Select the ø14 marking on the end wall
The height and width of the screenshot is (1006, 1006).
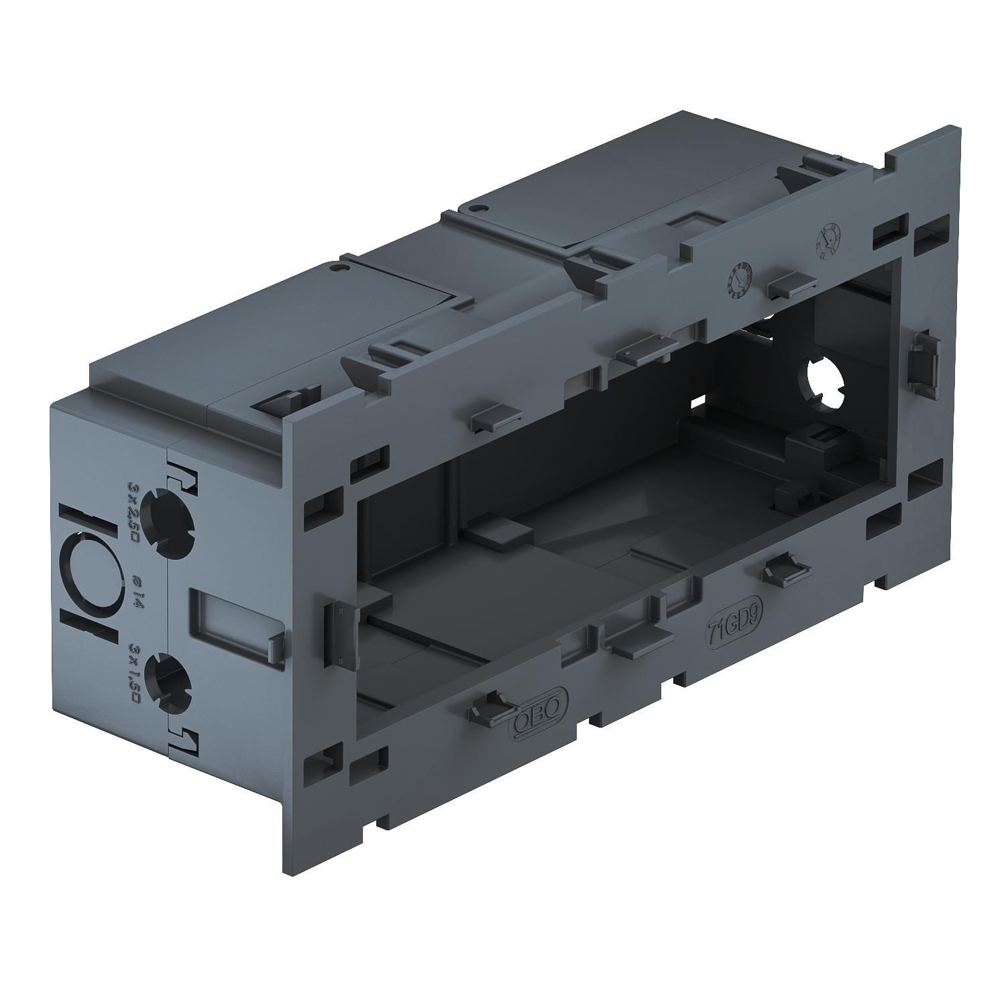pyautogui.click(x=135, y=590)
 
